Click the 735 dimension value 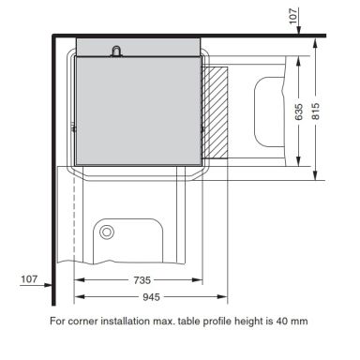point(142,280)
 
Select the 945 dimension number point(151,297)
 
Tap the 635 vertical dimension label point(299,112)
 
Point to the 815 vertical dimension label point(316,111)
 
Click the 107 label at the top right point(293,16)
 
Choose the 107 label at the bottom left point(29,278)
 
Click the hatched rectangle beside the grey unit point(215,112)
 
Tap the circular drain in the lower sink point(107,232)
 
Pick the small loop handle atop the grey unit point(116,52)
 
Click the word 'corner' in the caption point(82,321)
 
